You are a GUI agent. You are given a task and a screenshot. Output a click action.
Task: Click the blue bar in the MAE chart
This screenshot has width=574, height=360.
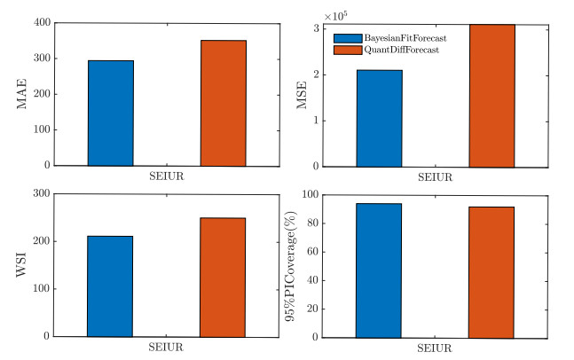[111, 113]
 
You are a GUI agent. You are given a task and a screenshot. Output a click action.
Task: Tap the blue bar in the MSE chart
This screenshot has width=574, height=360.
[380, 118]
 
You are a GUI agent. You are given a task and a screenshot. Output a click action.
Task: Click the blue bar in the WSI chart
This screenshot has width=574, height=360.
[111, 286]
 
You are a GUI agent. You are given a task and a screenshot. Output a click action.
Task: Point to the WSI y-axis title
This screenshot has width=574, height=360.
[21, 264]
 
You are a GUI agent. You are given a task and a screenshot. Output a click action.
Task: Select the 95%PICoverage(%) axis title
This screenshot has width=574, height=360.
[292, 264]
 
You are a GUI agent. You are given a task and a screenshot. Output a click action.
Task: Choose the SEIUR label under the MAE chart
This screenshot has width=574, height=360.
[167, 176]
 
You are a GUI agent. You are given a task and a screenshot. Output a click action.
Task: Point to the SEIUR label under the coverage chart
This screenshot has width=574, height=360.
[436, 348]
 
